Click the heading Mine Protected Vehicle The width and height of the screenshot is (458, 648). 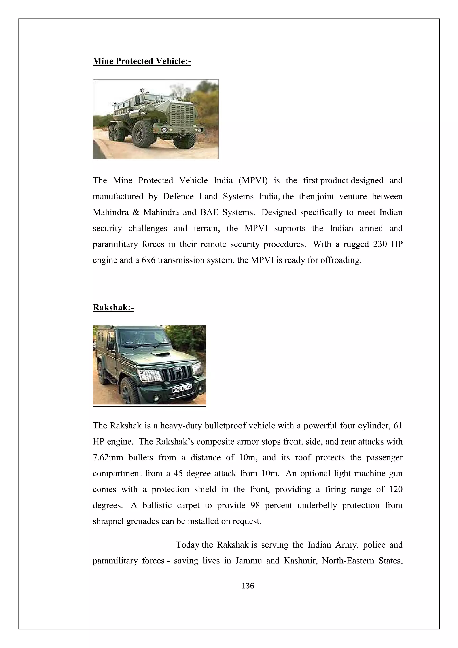142,61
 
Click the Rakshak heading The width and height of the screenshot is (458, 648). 113,308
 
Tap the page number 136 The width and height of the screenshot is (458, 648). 248,586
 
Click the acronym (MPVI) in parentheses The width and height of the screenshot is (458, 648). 253,181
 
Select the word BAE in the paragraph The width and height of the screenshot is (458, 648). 209,212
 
